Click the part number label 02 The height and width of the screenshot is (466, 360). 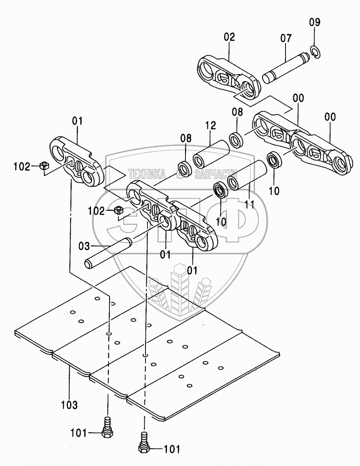(x=229, y=38)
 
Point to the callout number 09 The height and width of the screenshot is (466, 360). (x=315, y=22)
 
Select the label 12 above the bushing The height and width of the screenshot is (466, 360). (x=210, y=126)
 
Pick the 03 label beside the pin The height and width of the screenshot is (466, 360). (x=84, y=246)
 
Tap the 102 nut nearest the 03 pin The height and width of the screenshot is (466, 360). (x=119, y=212)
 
